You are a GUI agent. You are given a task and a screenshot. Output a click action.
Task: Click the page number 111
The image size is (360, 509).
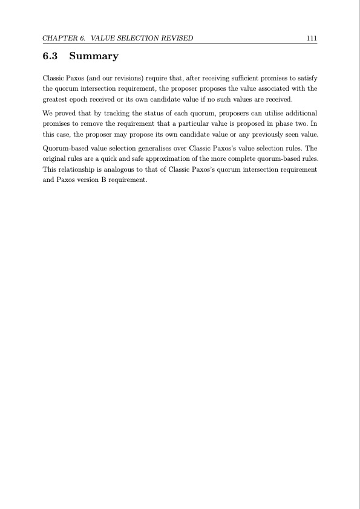tap(312, 38)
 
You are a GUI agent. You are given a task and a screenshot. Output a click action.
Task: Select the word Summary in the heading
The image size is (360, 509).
tap(94, 57)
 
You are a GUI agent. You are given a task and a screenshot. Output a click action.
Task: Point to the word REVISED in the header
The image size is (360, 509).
tap(175, 38)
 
